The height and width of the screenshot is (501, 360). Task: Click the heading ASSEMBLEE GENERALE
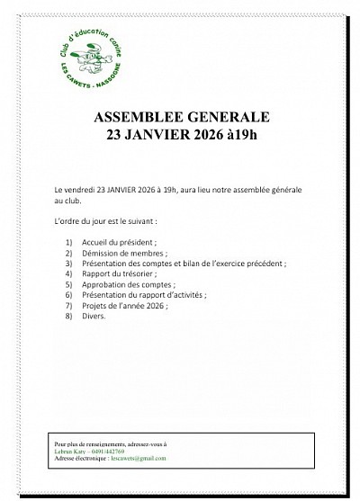[x=180, y=120]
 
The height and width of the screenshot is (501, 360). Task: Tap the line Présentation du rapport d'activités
[x=143, y=295]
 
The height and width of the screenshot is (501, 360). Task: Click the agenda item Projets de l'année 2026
[x=124, y=306]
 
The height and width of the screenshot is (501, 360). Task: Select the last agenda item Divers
[x=94, y=316]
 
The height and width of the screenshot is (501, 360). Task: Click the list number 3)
[x=69, y=264]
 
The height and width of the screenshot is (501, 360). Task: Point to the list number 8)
[x=69, y=316]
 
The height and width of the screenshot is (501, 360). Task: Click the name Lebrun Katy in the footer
[x=67, y=452]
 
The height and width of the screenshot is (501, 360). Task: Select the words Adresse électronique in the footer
[x=76, y=459]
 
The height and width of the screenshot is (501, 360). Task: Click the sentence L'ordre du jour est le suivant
[x=105, y=220]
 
